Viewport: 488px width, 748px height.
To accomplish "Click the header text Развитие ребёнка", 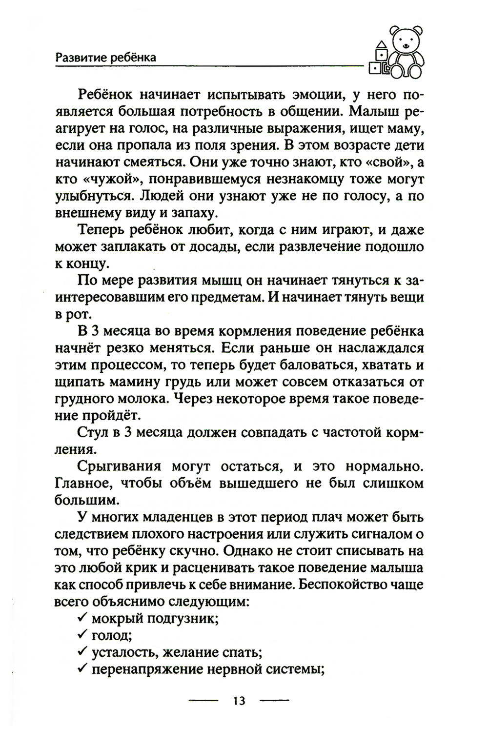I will [105, 57].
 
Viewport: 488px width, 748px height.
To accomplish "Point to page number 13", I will [239, 701].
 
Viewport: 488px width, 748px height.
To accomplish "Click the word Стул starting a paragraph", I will [93, 432].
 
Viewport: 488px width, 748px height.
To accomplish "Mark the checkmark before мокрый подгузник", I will [82, 618].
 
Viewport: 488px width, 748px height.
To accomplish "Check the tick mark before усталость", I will [82, 652].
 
